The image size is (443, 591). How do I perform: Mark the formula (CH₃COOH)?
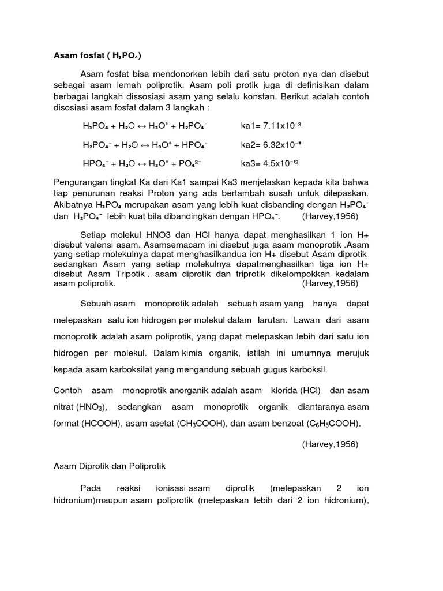pos(198,424)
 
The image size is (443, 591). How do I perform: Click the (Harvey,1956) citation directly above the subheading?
pos(329,444)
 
